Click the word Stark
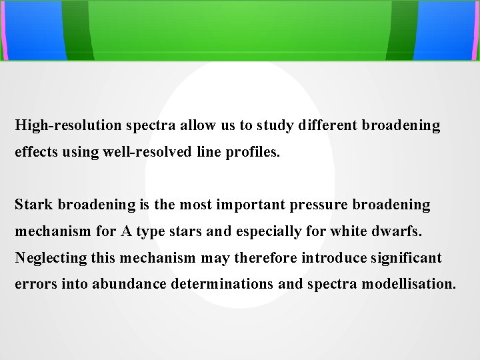(x=32, y=205)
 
